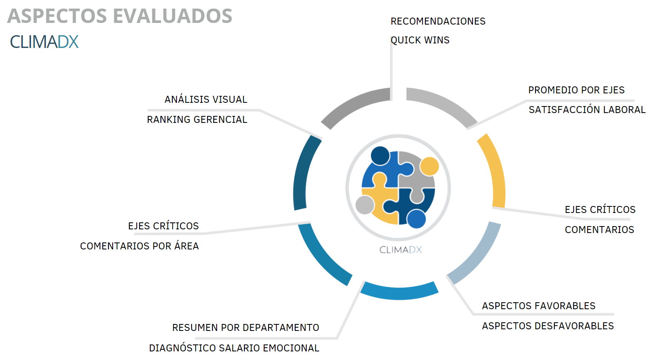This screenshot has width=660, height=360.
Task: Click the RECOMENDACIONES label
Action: point(438,21)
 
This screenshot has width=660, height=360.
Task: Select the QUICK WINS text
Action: point(420,40)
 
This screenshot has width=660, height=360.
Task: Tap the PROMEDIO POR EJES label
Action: point(576,90)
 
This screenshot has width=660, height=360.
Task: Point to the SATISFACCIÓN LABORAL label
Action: point(587,110)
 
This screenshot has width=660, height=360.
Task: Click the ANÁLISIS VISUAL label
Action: point(206,100)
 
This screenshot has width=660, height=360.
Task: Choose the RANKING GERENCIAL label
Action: point(197,120)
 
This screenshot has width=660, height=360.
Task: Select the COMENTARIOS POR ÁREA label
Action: point(139,246)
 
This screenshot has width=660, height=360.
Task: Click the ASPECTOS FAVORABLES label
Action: point(538,306)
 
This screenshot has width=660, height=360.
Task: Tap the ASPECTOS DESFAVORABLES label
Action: point(547,326)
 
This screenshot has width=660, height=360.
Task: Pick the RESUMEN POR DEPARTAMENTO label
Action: point(245,328)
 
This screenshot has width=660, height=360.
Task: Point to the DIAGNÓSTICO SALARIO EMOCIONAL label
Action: point(234,348)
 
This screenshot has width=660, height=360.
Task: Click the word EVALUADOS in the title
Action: point(172,16)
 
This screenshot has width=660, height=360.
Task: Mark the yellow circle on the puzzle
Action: point(429,166)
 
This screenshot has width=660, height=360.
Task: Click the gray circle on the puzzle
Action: point(364,205)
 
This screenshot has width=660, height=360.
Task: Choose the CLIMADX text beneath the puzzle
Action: point(400,250)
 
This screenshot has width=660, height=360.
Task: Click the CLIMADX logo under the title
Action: point(44,42)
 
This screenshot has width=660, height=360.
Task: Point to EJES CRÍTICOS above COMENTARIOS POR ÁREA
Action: point(163,226)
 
